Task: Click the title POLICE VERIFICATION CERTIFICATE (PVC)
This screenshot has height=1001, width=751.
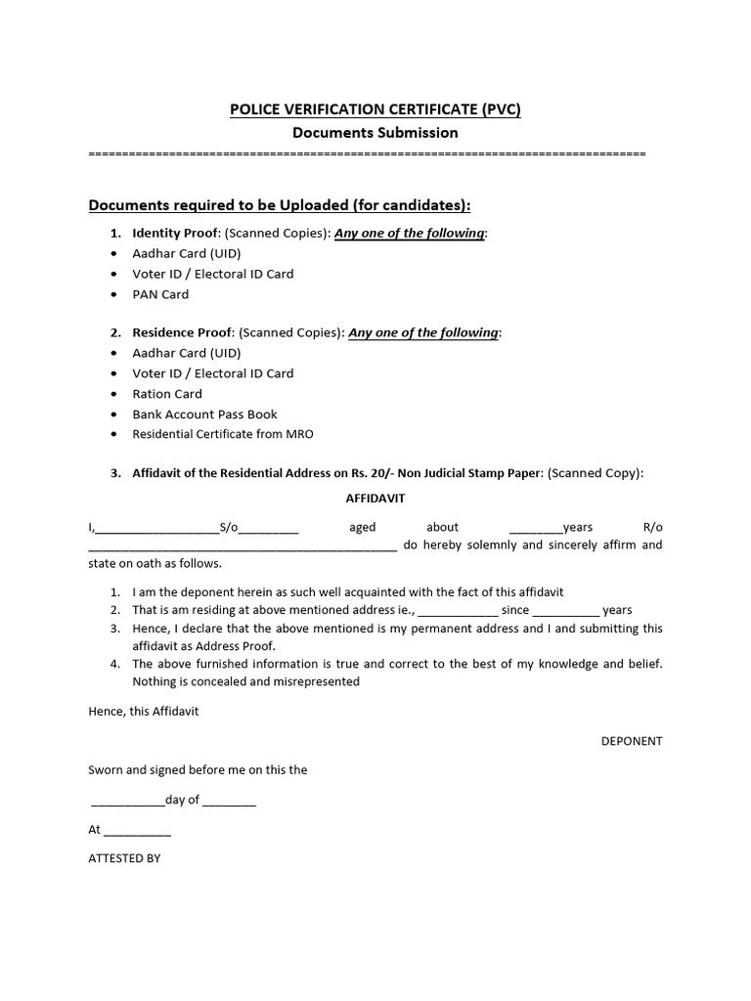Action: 375,109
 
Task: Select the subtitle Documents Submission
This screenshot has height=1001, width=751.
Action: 375,132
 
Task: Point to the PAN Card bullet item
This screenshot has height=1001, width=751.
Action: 160,294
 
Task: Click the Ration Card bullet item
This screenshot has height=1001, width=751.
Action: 167,394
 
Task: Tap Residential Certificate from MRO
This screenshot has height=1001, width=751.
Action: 223,434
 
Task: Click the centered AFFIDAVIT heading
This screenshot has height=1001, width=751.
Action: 375,498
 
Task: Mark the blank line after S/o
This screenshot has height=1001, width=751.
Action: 269,529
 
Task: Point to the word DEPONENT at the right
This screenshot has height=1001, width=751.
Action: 631,741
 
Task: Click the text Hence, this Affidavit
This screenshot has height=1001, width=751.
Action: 144,711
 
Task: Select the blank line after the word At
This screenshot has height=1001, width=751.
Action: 137,831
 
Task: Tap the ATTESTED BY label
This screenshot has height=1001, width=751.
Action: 124,858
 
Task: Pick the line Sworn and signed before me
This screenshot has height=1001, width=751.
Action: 198,769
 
